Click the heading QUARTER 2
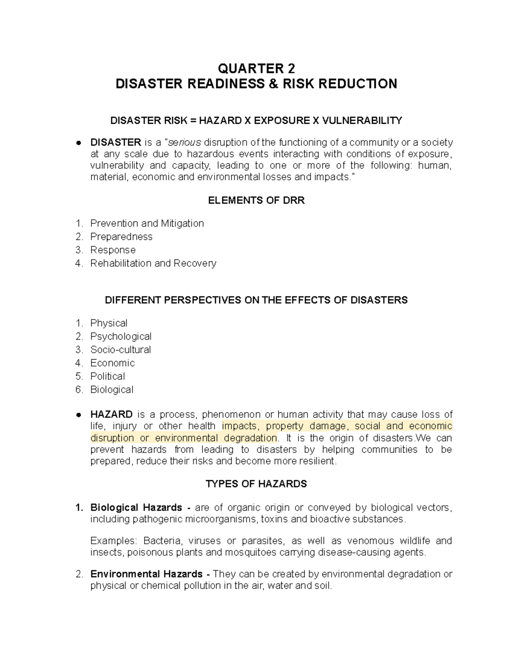click(256, 69)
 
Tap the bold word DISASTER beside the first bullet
click(115, 142)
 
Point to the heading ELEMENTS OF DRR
click(256, 200)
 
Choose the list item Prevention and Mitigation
click(147, 224)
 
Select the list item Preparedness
click(121, 237)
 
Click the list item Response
click(113, 250)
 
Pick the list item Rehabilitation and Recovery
click(153, 263)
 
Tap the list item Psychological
click(121, 337)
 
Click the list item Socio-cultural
click(121, 350)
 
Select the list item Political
click(108, 376)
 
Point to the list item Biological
click(112, 390)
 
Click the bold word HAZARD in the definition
click(112, 415)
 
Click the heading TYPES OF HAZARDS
click(256, 484)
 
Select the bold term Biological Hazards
click(136, 508)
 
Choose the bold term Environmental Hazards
click(146, 574)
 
